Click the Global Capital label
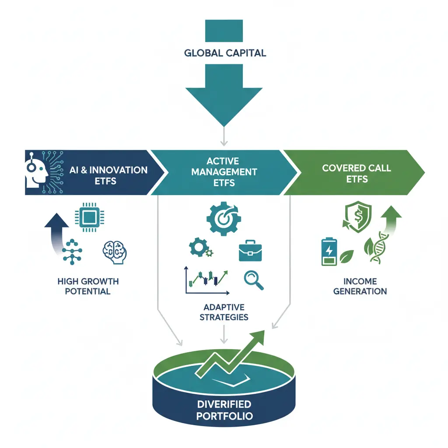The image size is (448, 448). (225, 53)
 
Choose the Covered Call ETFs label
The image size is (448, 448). (357, 173)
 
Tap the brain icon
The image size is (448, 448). (112, 252)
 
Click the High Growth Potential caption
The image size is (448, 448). (88, 286)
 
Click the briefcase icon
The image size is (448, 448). (250, 252)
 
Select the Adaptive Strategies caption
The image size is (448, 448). (224, 312)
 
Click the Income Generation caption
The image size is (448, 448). (360, 286)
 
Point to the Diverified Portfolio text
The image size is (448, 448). (224, 409)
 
